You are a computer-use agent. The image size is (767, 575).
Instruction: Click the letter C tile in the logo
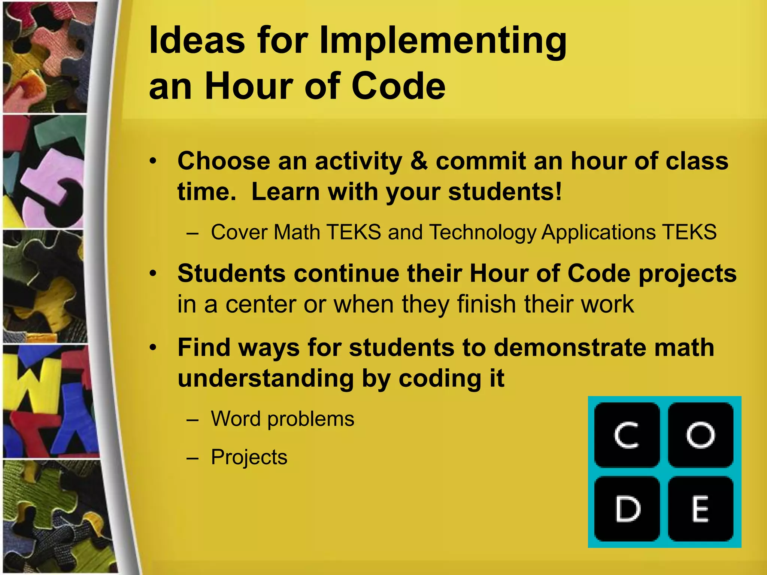627,435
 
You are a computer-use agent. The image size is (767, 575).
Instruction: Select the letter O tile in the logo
700,435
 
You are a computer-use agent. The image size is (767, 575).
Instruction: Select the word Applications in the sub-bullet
598,232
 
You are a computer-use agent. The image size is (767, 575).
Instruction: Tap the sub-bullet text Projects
249,457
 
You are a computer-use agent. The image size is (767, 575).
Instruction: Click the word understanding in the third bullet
266,378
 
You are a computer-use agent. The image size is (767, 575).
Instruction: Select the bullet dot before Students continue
152,274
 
